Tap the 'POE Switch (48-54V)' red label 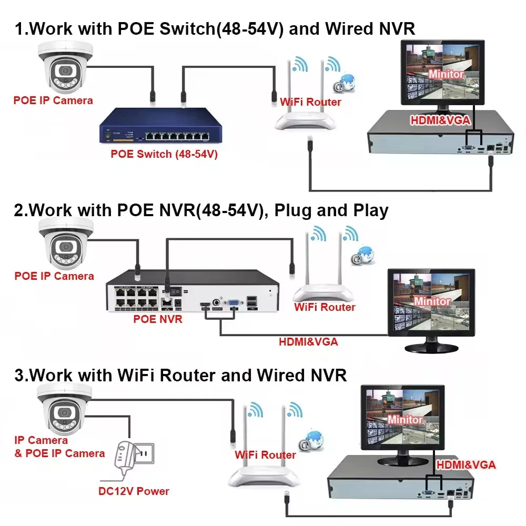point(164,154)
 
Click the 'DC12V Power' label point(134,491)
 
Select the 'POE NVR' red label point(158,319)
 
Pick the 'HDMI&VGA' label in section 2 point(308,342)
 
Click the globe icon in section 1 point(346,83)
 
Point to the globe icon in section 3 point(310,439)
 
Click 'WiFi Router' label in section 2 point(325,307)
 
